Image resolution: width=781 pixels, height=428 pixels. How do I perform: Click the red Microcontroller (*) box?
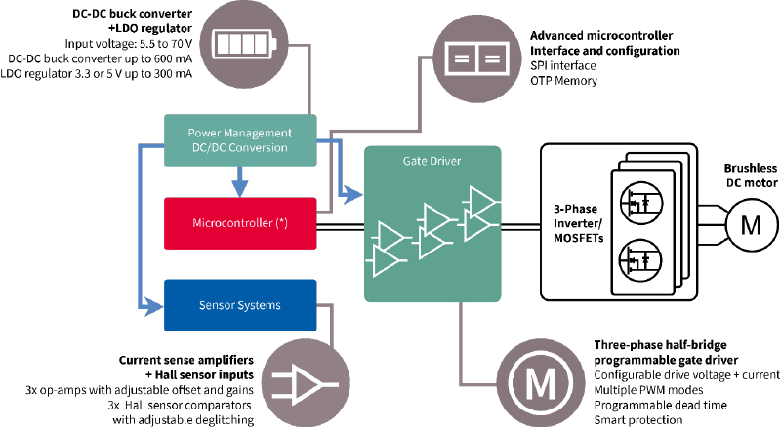point(240,223)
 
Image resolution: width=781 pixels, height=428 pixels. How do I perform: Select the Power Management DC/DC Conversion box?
point(240,140)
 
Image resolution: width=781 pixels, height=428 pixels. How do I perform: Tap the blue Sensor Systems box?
point(240,305)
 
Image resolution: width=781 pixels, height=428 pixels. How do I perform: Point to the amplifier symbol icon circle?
point(306,383)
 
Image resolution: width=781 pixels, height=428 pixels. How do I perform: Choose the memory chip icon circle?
point(477,58)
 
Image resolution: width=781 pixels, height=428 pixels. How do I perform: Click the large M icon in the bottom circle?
point(541,383)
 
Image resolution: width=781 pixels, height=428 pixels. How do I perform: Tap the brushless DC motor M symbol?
point(751,225)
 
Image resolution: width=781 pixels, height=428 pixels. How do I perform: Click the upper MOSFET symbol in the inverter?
point(642,202)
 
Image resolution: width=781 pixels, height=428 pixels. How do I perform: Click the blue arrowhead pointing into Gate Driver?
point(353,194)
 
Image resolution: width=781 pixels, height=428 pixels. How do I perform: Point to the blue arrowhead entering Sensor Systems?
point(153,306)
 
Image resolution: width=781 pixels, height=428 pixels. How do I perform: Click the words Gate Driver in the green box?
point(432,161)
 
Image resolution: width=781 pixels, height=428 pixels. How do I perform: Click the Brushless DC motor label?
point(751,175)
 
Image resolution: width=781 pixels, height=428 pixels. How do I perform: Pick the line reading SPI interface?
point(563,65)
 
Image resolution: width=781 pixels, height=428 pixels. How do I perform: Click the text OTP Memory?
point(564,81)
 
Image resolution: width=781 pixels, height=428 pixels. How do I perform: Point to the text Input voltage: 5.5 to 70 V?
point(129,43)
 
